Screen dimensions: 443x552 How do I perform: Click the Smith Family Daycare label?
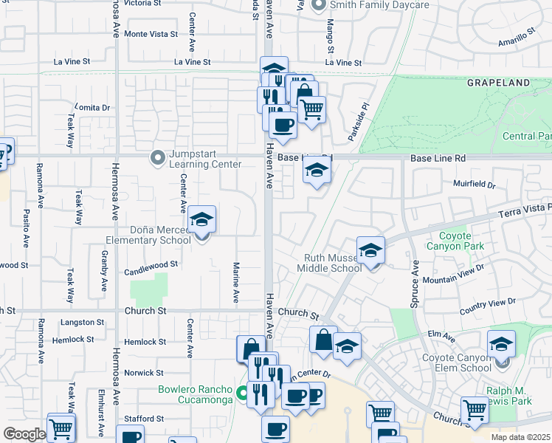point(379,5)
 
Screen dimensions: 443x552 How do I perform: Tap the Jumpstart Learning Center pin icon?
point(156,158)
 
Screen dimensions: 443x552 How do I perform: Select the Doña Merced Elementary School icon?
point(201,221)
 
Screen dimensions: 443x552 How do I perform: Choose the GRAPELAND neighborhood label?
point(498,83)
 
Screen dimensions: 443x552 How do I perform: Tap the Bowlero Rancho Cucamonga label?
point(194,395)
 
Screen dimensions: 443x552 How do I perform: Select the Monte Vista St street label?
point(151,34)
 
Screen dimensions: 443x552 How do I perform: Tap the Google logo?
point(24,434)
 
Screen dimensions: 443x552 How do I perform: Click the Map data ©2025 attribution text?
point(520,437)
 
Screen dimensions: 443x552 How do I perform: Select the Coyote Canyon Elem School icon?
point(501,344)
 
